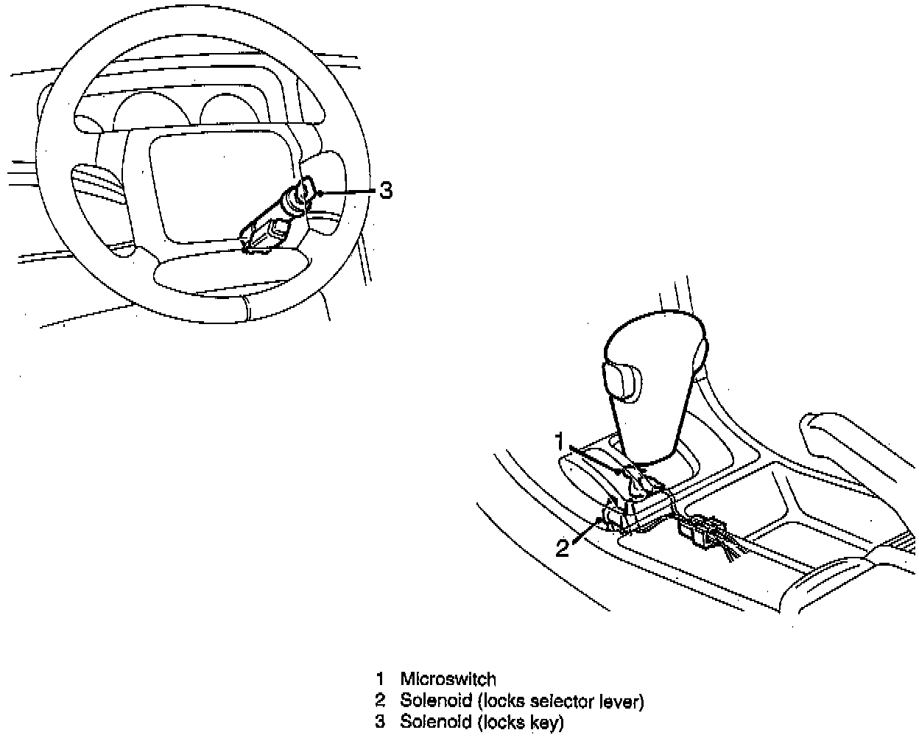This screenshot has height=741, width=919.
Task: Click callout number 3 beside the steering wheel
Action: click(x=386, y=192)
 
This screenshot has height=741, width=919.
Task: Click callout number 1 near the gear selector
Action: click(x=560, y=442)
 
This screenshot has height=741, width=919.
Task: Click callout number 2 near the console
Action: click(x=563, y=548)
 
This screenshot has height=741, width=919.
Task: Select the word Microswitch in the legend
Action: click(x=448, y=678)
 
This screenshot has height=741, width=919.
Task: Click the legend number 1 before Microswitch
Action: click(x=380, y=678)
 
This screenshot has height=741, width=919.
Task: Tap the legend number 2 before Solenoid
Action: click(x=380, y=700)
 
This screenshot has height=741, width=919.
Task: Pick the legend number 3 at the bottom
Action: click(x=380, y=722)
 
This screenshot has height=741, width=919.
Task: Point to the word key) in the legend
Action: click(x=545, y=723)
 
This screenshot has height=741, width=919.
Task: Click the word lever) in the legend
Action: click(x=619, y=700)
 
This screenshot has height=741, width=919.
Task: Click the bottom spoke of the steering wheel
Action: click(x=228, y=273)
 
